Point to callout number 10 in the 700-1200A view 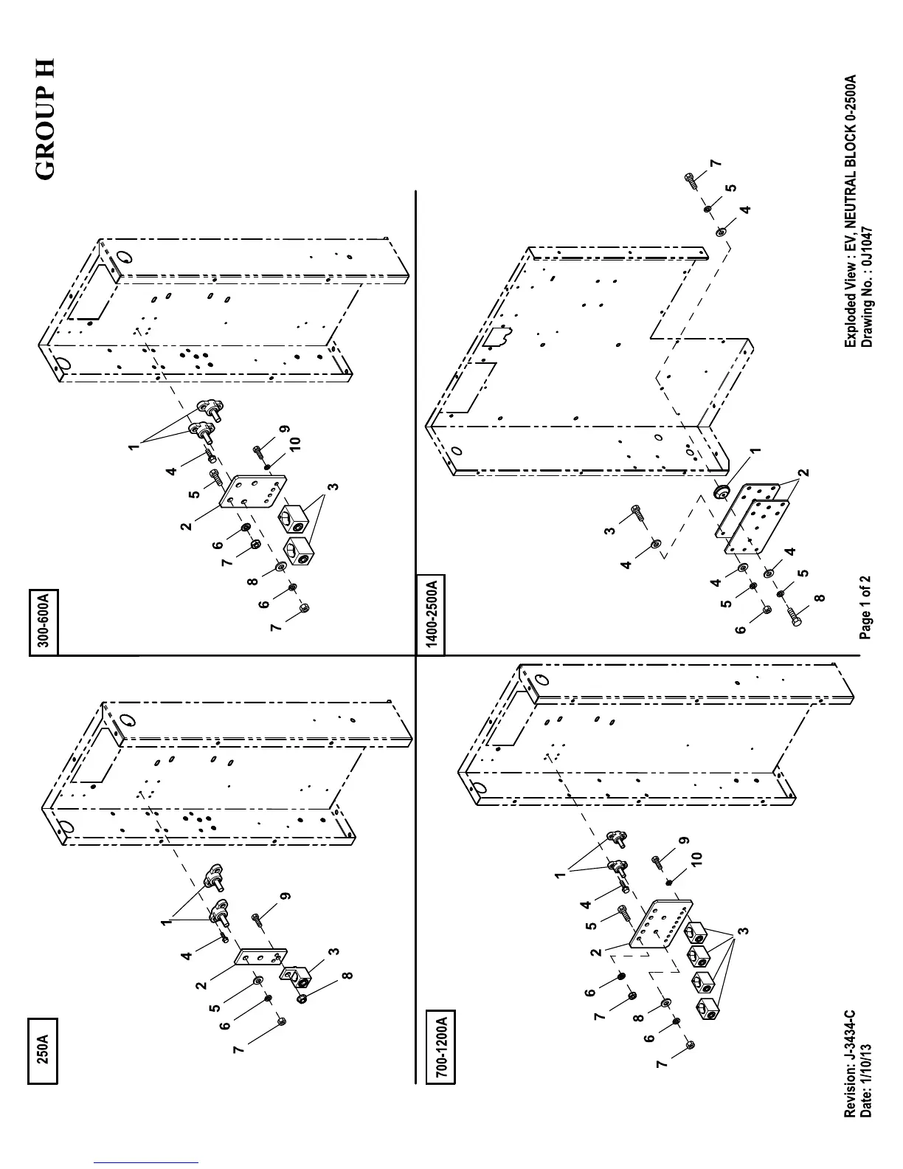694,858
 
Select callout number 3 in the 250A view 333,951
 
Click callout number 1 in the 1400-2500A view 755,451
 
